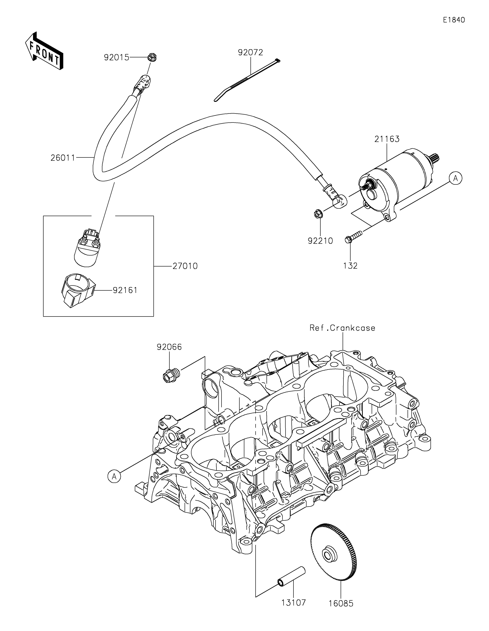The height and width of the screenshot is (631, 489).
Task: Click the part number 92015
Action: pyautogui.click(x=117, y=58)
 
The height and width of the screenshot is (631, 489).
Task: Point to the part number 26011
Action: pyautogui.click(x=63, y=158)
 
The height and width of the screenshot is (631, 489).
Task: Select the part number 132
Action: pyautogui.click(x=351, y=266)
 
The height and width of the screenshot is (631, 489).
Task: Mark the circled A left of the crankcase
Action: pyautogui.click(x=114, y=476)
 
